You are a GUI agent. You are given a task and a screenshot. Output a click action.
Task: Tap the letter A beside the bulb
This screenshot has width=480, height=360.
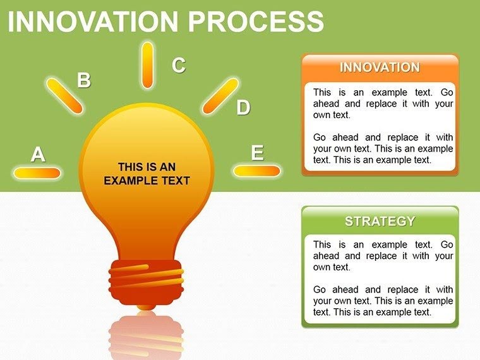38,154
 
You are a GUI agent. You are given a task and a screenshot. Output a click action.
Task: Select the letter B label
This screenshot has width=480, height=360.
83,80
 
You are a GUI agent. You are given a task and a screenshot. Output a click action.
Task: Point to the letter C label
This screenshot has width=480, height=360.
179,64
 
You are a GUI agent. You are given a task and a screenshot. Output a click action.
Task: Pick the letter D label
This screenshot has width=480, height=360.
243,108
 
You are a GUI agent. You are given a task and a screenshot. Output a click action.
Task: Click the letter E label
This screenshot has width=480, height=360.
257,153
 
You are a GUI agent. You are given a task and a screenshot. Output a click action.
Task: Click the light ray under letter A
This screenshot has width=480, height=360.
37,172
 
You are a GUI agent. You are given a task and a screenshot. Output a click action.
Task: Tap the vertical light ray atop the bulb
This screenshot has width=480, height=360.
147,65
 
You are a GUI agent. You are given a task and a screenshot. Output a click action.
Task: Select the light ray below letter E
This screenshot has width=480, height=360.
256,171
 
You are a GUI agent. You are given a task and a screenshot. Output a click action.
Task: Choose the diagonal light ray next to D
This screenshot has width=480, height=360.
220,95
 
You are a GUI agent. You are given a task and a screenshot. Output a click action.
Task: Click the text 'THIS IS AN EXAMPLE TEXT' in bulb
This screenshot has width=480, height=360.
147,174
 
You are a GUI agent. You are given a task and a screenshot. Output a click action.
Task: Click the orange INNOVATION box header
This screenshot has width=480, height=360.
380,68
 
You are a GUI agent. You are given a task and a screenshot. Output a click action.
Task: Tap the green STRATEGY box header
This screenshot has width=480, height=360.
380,221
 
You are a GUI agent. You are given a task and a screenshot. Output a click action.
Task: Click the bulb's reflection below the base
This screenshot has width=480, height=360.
146,335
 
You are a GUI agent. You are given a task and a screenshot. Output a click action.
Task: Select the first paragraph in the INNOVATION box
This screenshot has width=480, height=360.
383,104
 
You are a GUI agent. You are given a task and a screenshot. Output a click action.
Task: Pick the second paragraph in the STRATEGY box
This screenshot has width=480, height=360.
383,301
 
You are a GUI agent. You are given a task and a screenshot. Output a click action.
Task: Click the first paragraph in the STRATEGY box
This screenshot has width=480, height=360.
383,256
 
